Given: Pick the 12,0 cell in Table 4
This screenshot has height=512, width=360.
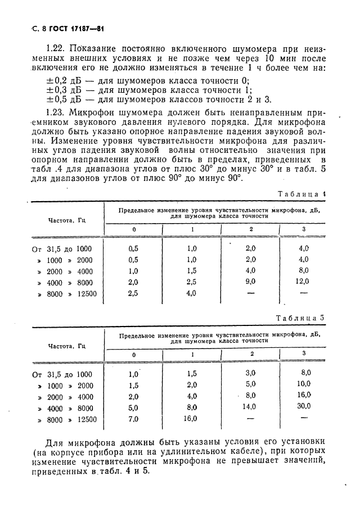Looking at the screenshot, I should click(x=303, y=282).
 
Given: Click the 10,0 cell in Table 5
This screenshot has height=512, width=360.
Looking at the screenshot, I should click(x=304, y=384).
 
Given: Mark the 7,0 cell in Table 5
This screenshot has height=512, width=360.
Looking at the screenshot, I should click(x=134, y=419).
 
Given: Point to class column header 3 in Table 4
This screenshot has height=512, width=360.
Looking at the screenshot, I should click(x=304, y=230).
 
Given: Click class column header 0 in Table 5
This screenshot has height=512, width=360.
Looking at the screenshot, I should click(x=134, y=355).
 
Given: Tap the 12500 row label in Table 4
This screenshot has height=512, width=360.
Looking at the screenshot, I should click(x=87, y=293).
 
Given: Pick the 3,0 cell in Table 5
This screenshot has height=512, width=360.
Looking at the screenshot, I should click(x=250, y=373).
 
